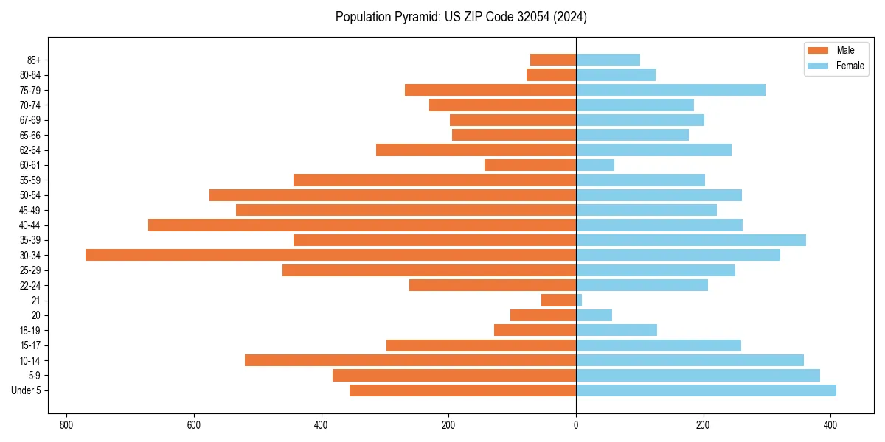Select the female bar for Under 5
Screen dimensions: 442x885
coord(706,390)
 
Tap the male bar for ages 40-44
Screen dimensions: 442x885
coord(361,225)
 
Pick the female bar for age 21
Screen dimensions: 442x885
coord(579,301)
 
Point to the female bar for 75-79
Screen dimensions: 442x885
coord(670,90)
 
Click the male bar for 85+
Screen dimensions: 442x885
coord(553,60)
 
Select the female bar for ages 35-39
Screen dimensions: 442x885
coord(690,240)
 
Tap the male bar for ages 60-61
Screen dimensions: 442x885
coord(530,165)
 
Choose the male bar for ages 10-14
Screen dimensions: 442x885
coord(410,360)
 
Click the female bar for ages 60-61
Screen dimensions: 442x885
coord(595,165)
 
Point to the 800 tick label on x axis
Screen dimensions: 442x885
coord(66,425)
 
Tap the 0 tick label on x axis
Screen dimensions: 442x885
coord(576,425)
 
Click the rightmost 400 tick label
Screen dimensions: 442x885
coord(830,425)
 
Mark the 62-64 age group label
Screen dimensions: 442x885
coord(30,150)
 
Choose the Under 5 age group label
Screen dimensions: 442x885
coord(27,390)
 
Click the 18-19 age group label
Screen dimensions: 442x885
coord(30,330)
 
